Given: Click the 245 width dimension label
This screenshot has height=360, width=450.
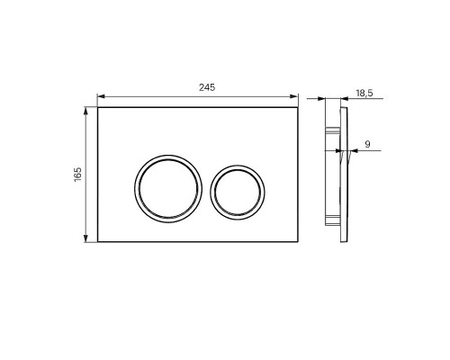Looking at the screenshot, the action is pyautogui.click(x=207, y=87).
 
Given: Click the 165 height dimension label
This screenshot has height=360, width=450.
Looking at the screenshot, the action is pyautogui.click(x=77, y=175).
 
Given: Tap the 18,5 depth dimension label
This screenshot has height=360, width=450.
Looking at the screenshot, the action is pyautogui.click(x=364, y=94).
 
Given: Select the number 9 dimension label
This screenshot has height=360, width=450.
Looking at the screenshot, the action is pyautogui.click(x=367, y=144).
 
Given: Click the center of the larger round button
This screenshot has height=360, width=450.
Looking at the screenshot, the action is pyautogui.click(x=168, y=189).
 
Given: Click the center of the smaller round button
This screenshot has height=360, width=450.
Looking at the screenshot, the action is pyautogui.click(x=238, y=192).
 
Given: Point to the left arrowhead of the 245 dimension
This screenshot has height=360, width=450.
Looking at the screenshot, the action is pyautogui.click(x=101, y=96).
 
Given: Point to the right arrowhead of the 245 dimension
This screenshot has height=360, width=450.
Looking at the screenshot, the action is pyautogui.click(x=293, y=96).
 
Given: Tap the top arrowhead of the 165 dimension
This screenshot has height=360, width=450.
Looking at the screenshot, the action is pyautogui.click(x=86, y=112).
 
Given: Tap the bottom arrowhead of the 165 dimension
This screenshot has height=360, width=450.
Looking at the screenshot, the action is pyautogui.click(x=86, y=238).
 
